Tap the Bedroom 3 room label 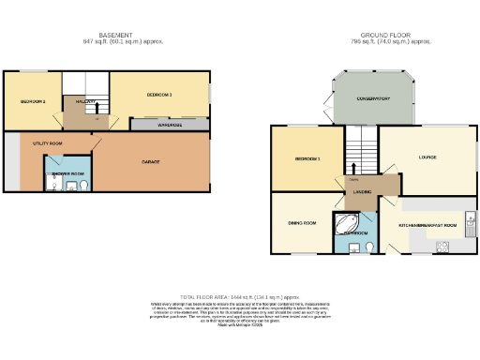click(x=158, y=96)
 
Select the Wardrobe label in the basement click(x=170, y=124)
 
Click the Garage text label click(x=150, y=161)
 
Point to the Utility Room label click(x=47, y=142)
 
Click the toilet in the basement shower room click(x=83, y=187)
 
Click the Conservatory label click(x=372, y=98)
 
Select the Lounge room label click(x=427, y=157)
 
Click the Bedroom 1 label click(x=307, y=158)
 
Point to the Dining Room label click(x=302, y=223)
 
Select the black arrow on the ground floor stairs click(x=354, y=161)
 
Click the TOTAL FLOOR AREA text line click(x=239, y=295)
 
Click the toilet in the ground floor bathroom click(x=369, y=246)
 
